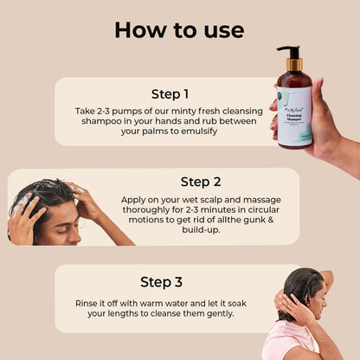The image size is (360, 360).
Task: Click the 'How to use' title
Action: [x=179, y=29]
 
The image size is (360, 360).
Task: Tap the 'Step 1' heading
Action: [x=170, y=93]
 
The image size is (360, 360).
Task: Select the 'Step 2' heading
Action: [x=201, y=182]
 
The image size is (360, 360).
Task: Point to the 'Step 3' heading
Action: [x=161, y=281]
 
